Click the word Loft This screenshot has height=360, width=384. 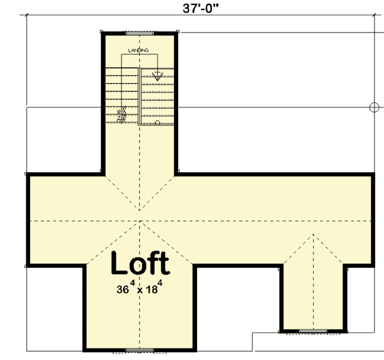[x=141, y=263]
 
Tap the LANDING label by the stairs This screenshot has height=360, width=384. [x=138, y=49]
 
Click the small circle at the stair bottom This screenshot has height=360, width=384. [x=157, y=121]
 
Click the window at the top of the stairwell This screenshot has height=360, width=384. [x=138, y=33]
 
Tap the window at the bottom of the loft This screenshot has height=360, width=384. [x=138, y=350]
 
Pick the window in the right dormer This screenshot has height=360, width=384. [x=314, y=331]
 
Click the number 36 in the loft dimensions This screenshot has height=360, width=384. [x=123, y=289]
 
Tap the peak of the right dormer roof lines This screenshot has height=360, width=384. [x=314, y=235]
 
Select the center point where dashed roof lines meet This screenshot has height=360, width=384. [x=138, y=221]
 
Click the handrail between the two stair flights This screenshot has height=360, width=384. [x=140, y=96]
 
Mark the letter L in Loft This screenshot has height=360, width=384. [x=118, y=263]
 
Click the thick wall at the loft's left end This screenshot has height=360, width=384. [x=27, y=221]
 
